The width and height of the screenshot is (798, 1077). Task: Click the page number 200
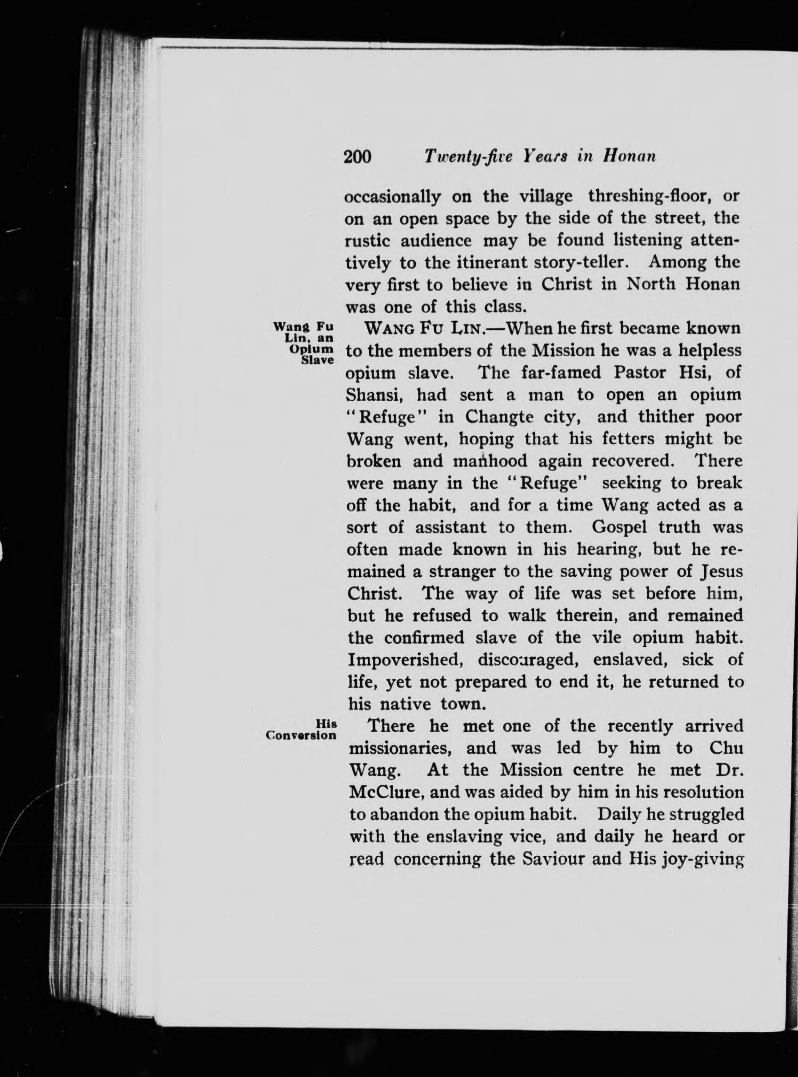357,157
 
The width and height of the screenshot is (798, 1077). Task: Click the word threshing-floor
647,196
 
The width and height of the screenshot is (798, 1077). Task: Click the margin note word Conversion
301,735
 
